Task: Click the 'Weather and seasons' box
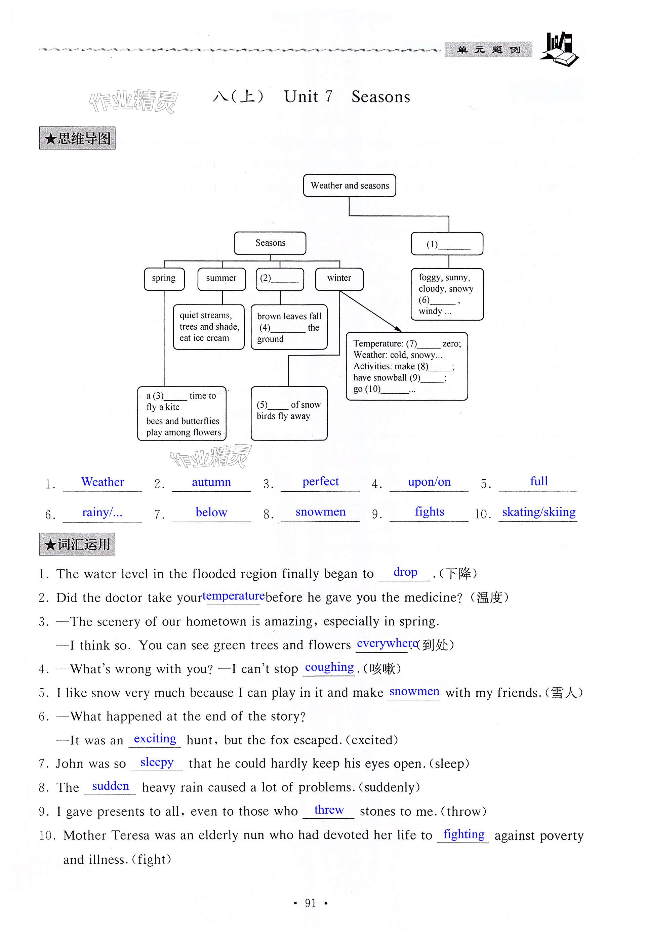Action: click(350, 186)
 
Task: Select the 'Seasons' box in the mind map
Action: click(270, 243)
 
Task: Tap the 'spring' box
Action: click(164, 278)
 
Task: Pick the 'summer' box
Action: click(221, 278)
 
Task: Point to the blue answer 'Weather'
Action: click(103, 482)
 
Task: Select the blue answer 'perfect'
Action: click(320, 482)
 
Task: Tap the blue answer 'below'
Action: click(211, 512)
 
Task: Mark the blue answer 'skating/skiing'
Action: click(539, 512)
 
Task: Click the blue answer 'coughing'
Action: click(329, 667)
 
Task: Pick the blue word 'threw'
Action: click(329, 810)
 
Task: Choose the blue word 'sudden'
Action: click(110, 786)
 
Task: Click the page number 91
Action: click(311, 903)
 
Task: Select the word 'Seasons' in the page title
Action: click(380, 97)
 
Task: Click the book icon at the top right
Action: click(560, 49)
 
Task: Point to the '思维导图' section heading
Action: click(77, 138)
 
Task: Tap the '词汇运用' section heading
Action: click(77, 544)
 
